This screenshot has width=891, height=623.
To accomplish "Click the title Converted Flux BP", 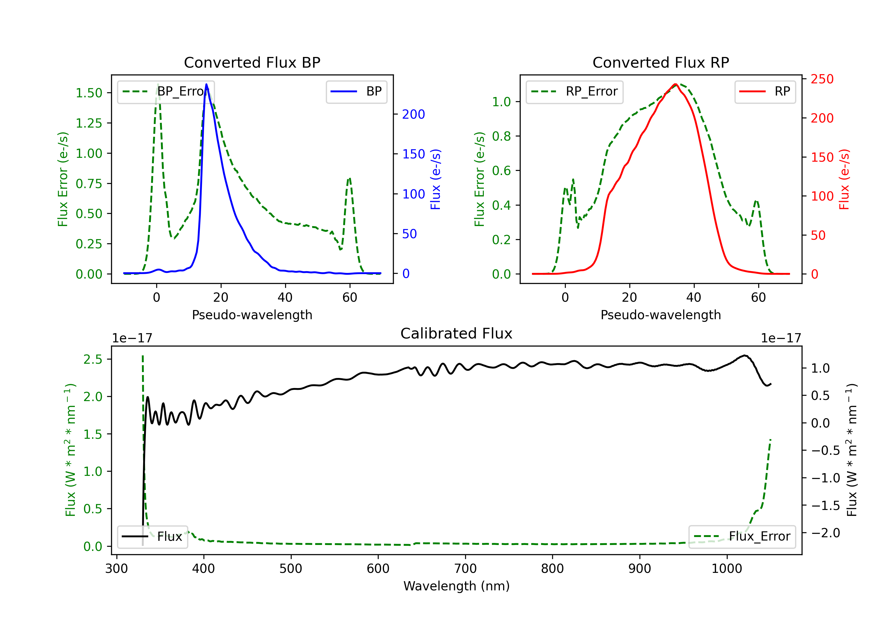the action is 252,62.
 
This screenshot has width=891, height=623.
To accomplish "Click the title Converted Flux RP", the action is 661,62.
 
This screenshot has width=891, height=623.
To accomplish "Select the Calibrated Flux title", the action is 456,333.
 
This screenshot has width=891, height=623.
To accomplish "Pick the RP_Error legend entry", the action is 574,91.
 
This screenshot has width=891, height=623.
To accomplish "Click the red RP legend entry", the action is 765,91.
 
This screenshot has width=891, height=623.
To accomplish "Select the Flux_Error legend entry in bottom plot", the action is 742,537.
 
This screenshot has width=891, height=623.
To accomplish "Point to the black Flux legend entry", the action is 152,537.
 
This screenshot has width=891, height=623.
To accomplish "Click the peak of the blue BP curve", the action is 206,84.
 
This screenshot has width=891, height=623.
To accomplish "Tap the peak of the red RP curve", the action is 676,84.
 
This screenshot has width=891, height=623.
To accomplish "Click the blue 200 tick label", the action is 414,115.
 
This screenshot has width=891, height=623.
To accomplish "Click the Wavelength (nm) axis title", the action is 457,586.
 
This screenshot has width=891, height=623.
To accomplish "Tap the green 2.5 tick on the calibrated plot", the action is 93,359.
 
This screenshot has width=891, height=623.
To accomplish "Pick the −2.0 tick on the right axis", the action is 825,533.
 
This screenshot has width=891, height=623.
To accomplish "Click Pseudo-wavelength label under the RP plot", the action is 661,315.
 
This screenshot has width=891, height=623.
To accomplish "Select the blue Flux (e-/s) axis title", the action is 436,179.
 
